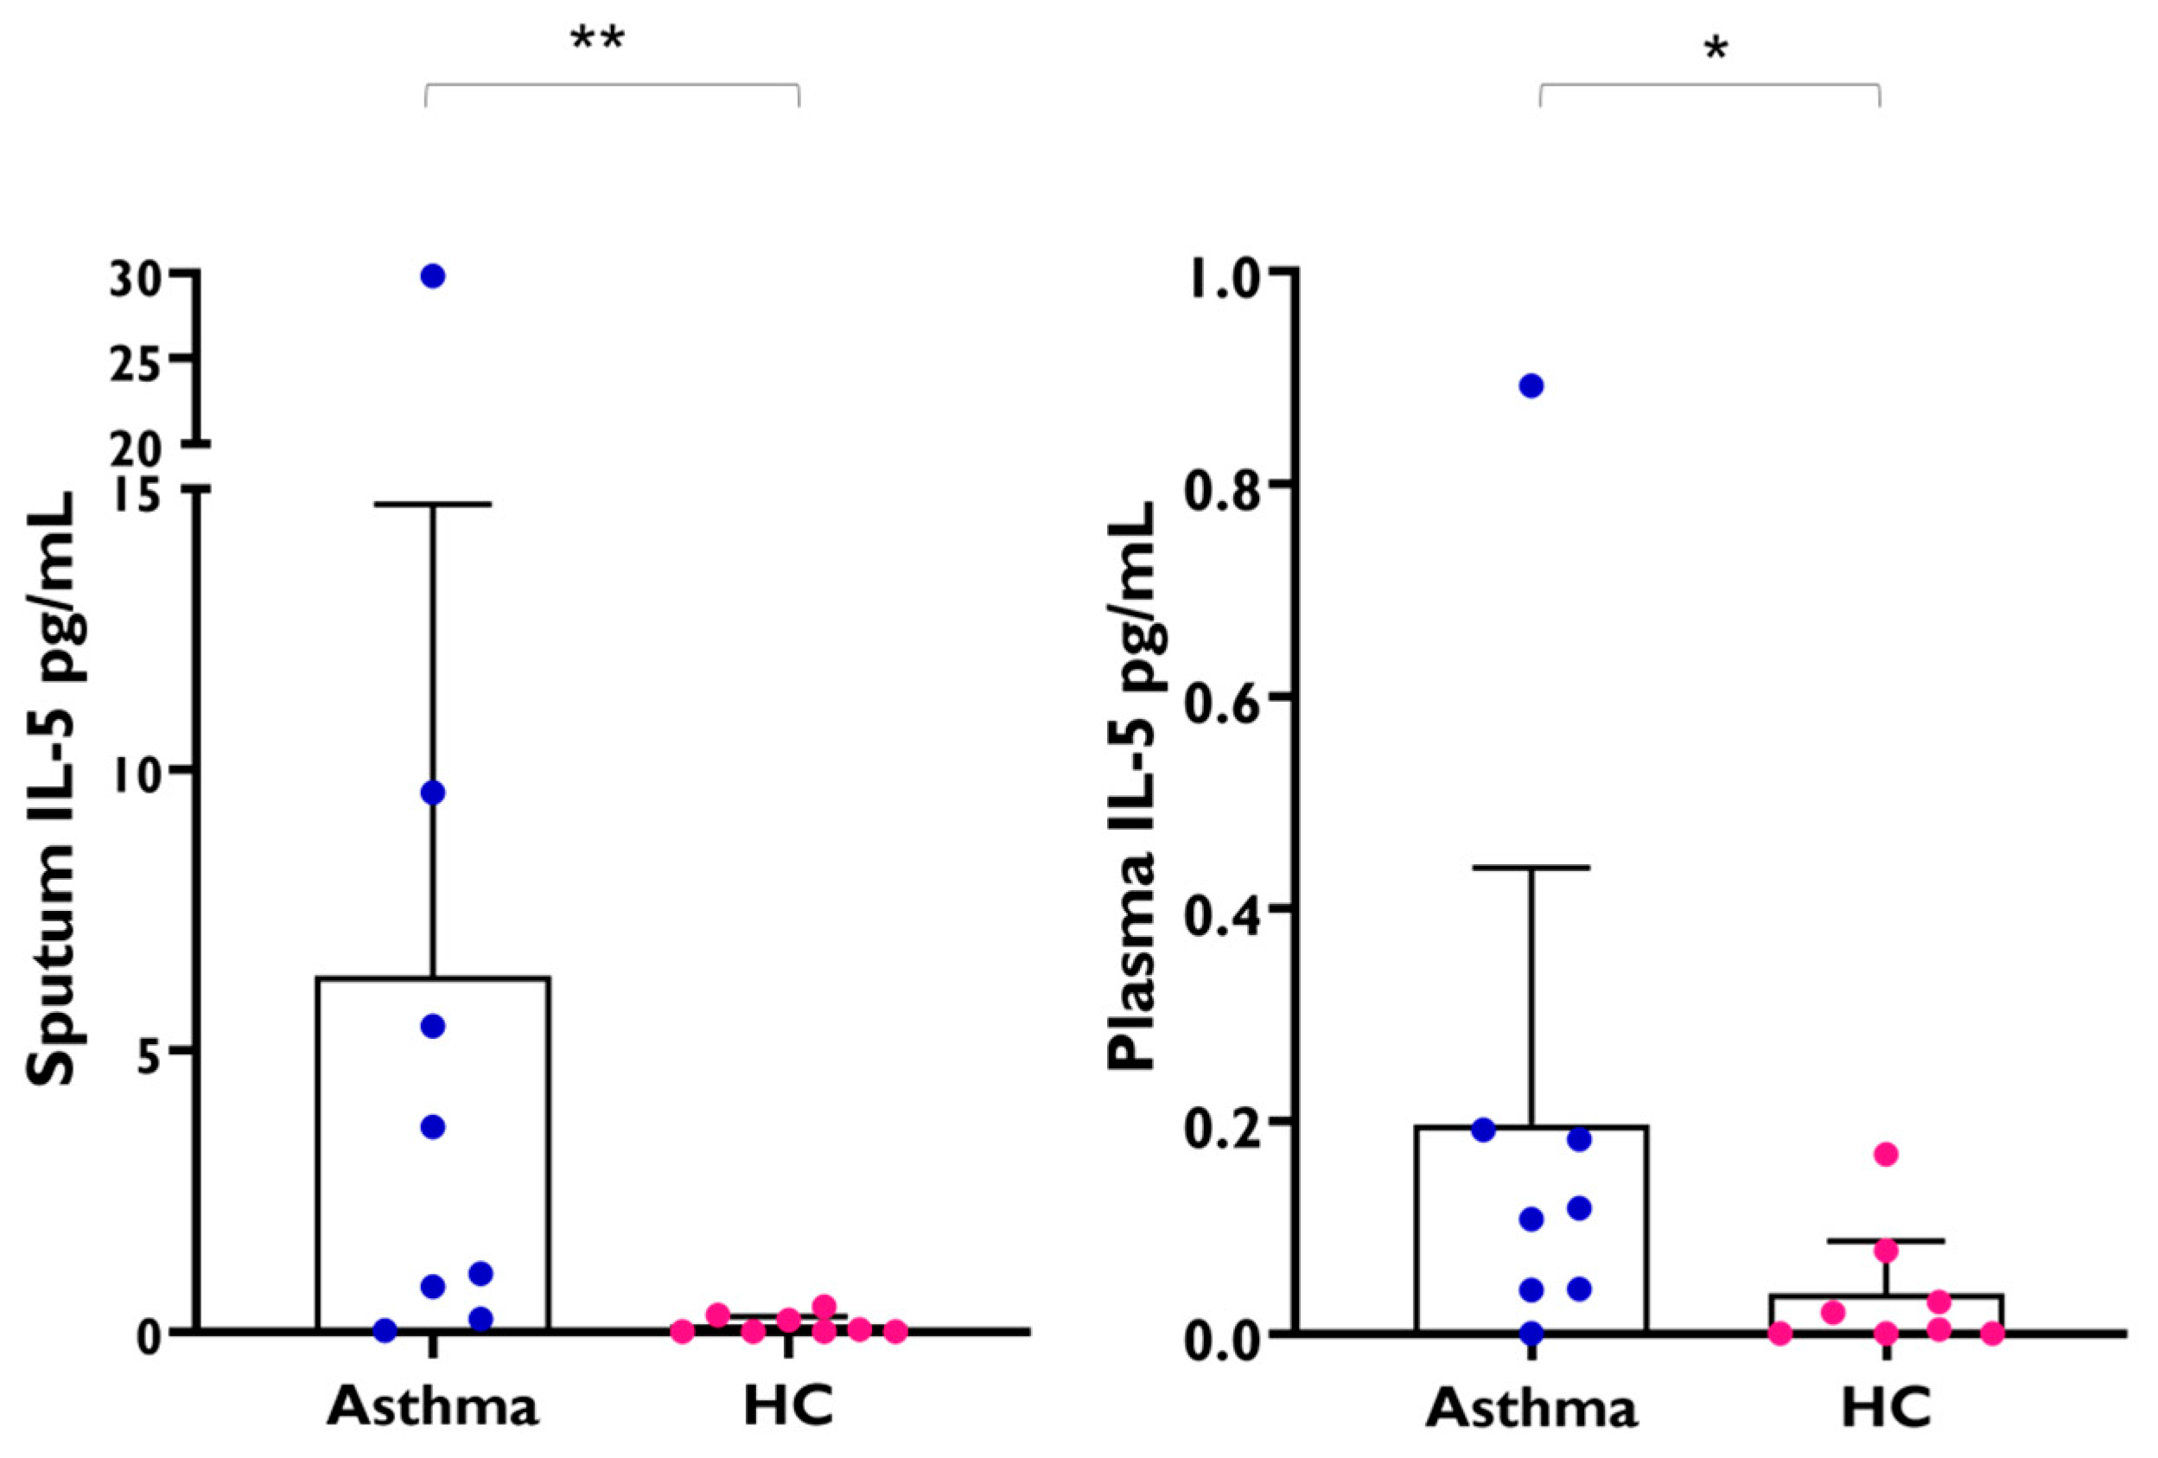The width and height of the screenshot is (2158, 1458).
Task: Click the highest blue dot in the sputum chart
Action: (433, 276)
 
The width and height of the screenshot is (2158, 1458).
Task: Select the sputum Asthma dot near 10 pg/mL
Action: (433, 793)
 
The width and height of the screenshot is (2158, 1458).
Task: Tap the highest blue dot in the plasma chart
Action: (1531, 386)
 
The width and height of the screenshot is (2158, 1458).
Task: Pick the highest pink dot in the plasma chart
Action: (1885, 1155)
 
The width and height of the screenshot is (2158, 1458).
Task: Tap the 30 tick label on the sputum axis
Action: (136, 278)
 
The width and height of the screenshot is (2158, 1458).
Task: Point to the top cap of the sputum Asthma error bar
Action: (433, 504)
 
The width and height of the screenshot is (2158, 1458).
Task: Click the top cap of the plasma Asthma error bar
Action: (1531, 868)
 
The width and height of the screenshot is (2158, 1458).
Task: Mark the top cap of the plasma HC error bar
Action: (1886, 1241)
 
